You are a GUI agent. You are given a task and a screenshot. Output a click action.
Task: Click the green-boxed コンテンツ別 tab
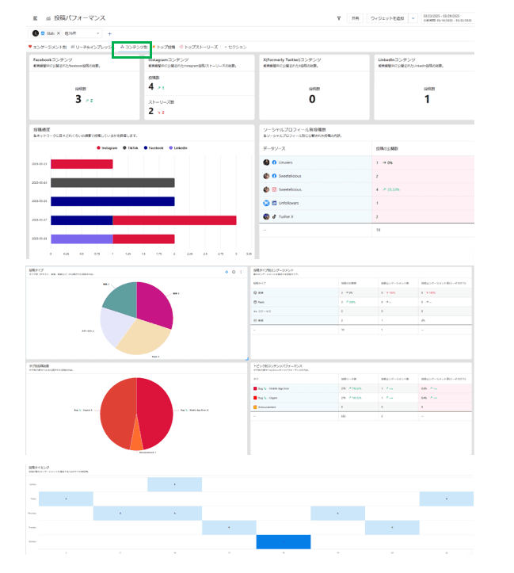131,48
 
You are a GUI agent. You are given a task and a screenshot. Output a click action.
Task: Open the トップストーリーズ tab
200,48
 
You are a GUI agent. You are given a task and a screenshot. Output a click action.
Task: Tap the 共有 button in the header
356,17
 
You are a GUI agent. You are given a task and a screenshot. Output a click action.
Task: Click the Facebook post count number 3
78,99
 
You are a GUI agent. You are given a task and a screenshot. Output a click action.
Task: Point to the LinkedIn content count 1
428,99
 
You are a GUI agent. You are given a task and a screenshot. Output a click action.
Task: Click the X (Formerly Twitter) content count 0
312,99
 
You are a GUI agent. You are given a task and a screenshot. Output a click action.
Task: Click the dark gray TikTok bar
112,182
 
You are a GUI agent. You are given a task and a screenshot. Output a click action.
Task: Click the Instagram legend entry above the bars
108,147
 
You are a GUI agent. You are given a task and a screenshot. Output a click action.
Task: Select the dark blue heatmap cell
283,543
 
